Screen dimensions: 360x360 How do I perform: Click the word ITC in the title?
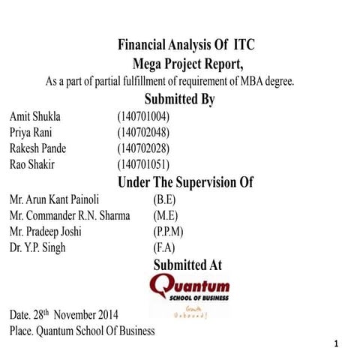pyautogui.click(x=248, y=44)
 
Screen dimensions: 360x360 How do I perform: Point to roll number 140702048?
pyautogui.click(x=143, y=132)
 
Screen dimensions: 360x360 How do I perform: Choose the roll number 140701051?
pyautogui.click(x=143, y=163)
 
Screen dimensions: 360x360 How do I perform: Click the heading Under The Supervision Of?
pyautogui.click(x=186, y=181)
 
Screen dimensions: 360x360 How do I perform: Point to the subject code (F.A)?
pyautogui.click(x=163, y=247)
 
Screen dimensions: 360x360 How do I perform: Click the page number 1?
pyautogui.click(x=339, y=343)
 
